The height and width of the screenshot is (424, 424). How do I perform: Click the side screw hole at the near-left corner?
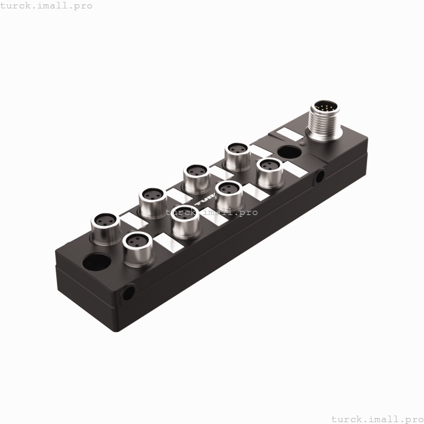(x=127, y=294)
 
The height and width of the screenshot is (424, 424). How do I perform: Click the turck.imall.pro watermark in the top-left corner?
(x=47, y=5)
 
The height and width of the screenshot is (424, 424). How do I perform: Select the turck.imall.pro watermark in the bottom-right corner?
(x=377, y=418)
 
